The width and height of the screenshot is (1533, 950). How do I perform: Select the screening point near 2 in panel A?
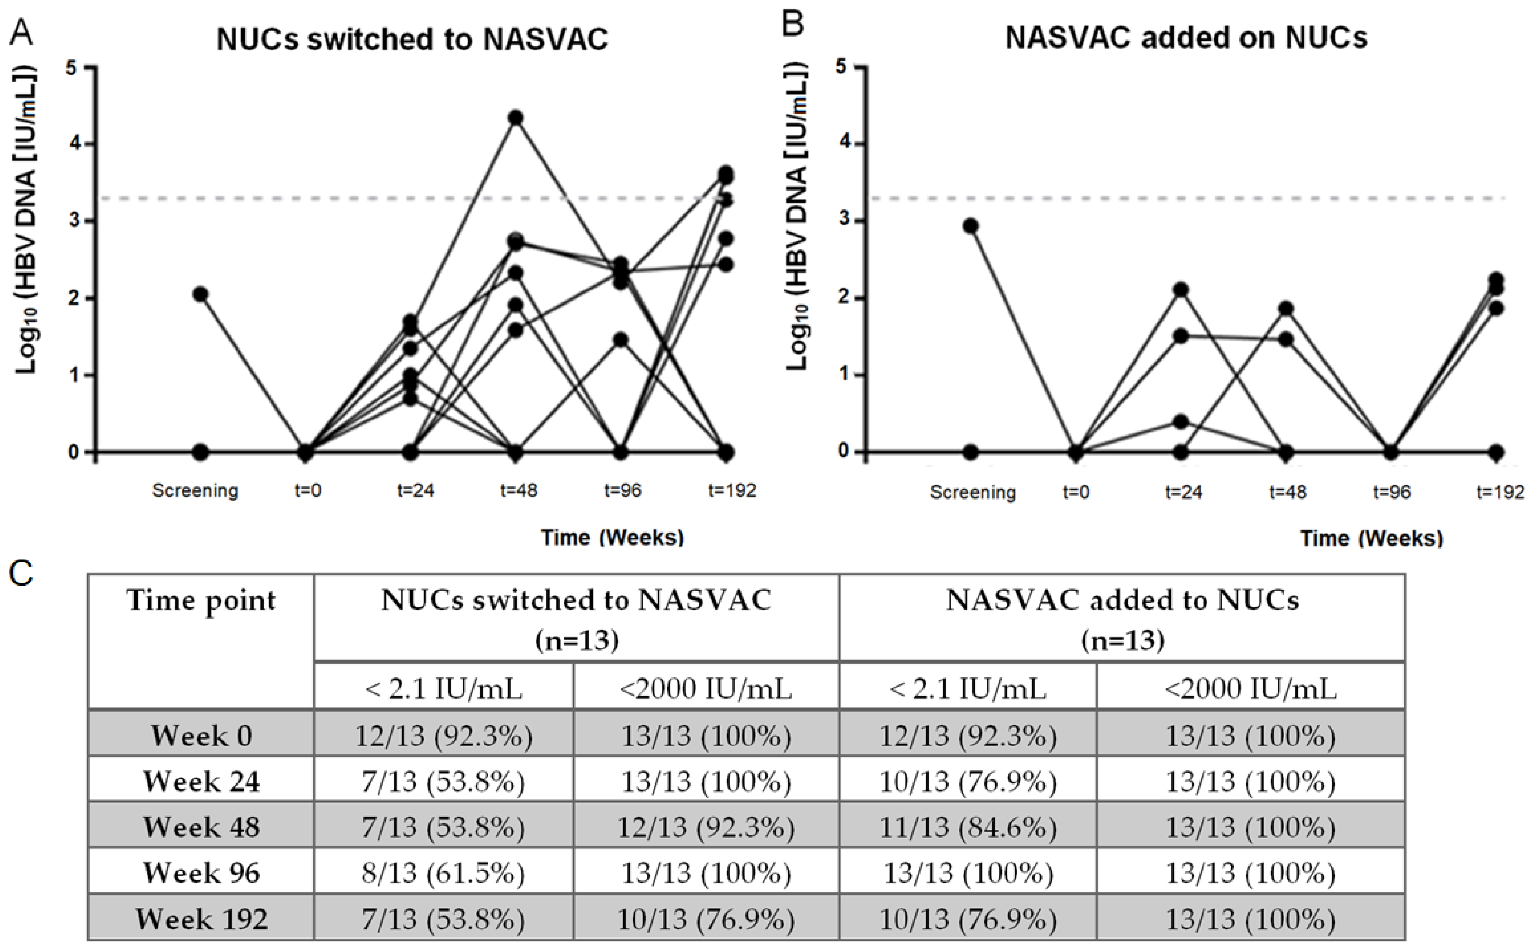200,294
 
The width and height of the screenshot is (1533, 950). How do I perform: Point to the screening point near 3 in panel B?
970,226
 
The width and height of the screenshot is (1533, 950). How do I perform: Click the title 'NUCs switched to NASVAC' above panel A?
412,39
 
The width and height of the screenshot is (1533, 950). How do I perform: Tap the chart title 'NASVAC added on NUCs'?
1186,38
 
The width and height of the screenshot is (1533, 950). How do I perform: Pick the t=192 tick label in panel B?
1500,492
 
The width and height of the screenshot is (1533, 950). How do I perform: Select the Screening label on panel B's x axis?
972,492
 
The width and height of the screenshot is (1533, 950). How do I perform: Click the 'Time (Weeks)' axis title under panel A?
612,537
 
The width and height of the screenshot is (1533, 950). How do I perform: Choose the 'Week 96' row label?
201,872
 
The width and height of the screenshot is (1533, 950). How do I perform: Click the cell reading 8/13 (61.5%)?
443,872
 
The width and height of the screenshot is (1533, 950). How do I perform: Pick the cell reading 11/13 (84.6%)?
967,827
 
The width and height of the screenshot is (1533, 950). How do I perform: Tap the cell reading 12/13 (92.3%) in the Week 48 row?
705,827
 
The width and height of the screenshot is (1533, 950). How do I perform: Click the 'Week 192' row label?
201,919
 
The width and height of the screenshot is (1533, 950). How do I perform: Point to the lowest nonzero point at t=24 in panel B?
1181,422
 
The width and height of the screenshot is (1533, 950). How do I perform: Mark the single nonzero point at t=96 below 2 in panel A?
621,340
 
